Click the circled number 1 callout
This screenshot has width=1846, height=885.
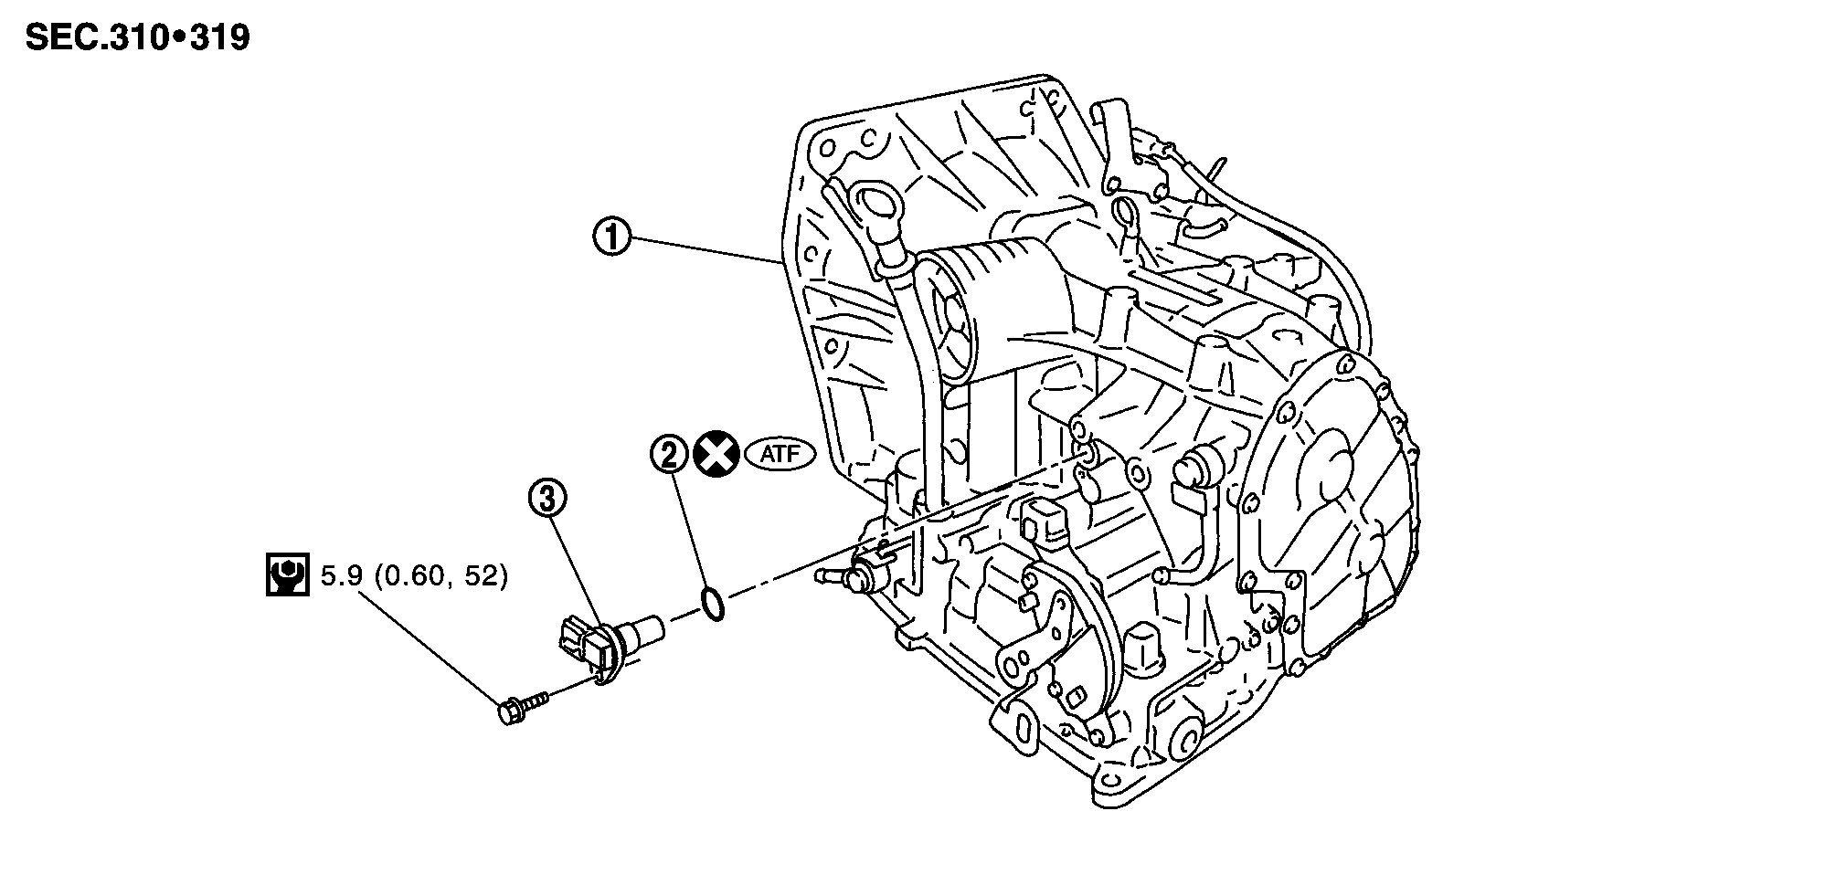pyautogui.click(x=612, y=238)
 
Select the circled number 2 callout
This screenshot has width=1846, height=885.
pyautogui.click(x=669, y=454)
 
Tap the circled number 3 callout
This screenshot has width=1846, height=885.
pyautogui.click(x=547, y=500)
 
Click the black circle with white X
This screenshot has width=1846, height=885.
pyautogui.click(x=715, y=454)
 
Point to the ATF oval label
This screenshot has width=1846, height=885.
pyautogui.click(x=780, y=454)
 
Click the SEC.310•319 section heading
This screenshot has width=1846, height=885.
pyautogui.click(x=137, y=38)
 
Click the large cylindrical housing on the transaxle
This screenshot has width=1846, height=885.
pyautogui.click(x=987, y=292)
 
